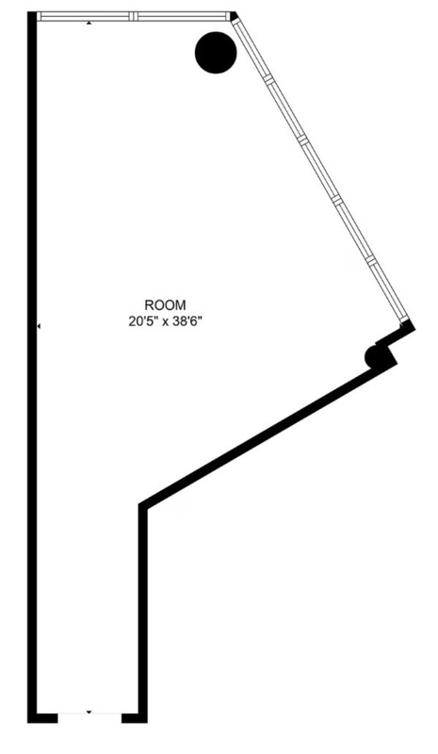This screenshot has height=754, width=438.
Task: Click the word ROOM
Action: (x=165, y=304)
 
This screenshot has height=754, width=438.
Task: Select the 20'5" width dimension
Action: (x=143, y=321)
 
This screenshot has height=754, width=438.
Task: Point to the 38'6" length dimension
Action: (x=186, y=321)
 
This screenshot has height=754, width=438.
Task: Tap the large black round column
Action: (x=216, y=53)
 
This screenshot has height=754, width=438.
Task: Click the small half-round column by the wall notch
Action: (x=373, y=357)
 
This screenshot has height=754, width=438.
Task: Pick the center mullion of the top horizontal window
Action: (x=133, y=16)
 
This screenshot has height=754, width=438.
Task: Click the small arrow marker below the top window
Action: (x=89, y=23)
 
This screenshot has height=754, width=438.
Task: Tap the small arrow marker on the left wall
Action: (x=39, y=326)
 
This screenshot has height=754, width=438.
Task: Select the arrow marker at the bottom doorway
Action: (x=89, y=712)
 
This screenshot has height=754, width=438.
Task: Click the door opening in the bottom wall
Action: (x=89, y=718)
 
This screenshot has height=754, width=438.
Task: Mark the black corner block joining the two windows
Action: (x=234, y=16)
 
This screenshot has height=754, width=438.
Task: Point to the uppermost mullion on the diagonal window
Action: (x=268, y=79)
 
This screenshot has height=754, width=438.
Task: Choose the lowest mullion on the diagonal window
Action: (x=370, y=260)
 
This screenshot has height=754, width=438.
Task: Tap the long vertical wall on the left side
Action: (x=32, y=366)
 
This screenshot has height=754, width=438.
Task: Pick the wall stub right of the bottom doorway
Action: (x=134, y=718)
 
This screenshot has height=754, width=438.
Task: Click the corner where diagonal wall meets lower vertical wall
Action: (x=143, y=507)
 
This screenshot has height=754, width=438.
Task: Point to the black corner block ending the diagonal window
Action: (x=407, y=325)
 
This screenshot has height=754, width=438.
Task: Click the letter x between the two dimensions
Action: (x=165, y=322)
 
